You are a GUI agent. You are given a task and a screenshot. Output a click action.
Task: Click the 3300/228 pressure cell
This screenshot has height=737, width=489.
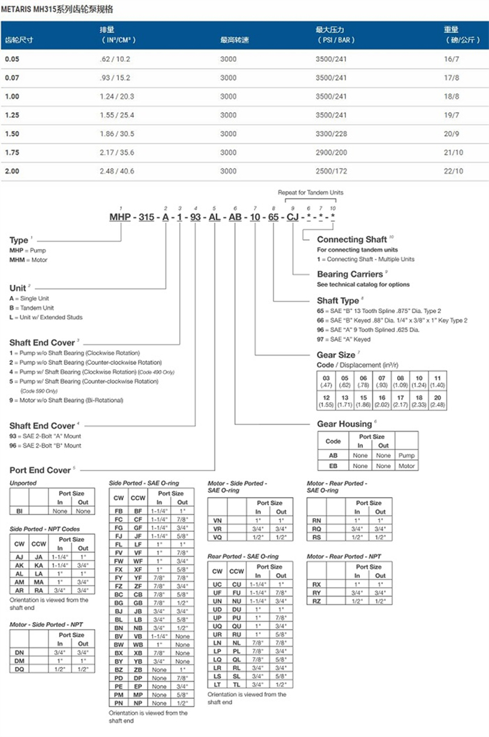pos(331,134)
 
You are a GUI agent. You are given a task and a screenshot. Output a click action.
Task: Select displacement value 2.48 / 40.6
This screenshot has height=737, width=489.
pos(117,171)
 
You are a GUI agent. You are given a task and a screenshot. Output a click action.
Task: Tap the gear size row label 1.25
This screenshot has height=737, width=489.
pos(12,115)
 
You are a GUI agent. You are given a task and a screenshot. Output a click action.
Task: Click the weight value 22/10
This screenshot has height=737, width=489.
pos(454,171)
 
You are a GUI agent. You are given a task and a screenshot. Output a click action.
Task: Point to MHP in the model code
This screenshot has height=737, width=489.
pos(120,217)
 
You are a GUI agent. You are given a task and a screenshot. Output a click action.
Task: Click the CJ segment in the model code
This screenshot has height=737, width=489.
pos(292,217)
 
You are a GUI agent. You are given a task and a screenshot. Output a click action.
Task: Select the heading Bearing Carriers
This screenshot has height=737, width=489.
pos(350,274)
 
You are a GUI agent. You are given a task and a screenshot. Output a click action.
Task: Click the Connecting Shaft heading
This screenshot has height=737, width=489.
pos(352,239)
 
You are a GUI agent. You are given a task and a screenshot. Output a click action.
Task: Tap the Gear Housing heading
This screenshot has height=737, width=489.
pos(345,424)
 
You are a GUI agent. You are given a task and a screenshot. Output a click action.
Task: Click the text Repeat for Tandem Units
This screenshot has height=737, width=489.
pos(310,192)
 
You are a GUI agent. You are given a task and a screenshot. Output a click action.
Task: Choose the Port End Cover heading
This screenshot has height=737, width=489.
pos(40,470)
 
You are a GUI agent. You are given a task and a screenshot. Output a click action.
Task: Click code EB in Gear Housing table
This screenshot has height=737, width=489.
pos(333,466)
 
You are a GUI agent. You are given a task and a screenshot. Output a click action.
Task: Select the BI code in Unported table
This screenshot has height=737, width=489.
pos(19,511)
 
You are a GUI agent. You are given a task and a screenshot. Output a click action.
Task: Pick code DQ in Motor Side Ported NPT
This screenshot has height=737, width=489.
pos(19,669)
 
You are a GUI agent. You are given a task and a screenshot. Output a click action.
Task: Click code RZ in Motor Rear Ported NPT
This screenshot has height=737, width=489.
pos(316,601)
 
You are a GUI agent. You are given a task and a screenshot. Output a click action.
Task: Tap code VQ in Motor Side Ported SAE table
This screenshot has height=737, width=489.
pos(217,538)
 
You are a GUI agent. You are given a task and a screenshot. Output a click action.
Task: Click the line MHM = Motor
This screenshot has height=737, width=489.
pos(28,260)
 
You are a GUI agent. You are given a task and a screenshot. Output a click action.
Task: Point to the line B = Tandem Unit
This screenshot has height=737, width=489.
pos(32,308)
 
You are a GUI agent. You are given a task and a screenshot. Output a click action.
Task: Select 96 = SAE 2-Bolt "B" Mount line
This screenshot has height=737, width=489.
pos(45,446)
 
